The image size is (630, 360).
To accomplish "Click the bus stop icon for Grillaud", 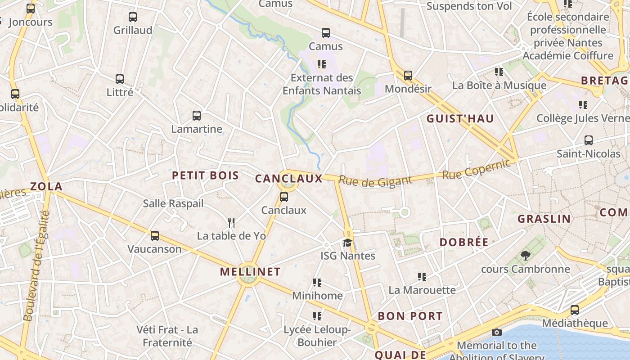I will point(132,17).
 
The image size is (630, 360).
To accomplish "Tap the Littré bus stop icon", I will point(119,79).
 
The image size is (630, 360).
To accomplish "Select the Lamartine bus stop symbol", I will point(197,116).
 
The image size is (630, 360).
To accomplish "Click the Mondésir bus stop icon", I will point(408,76).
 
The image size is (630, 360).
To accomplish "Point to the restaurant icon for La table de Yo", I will point(231,222).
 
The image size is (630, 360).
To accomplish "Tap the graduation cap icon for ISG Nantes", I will point(347,243).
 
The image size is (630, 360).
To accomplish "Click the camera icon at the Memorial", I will point(497,332).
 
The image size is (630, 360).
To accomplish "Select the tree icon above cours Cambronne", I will point(525,256).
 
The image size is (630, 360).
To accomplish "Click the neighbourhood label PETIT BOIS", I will point(206,175).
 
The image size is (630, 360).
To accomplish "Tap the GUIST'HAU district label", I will point(460,119).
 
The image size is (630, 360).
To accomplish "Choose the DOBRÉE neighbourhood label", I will point(464,242).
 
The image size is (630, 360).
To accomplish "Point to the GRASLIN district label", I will point(544,219).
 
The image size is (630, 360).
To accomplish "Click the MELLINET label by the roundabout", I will point(250,272).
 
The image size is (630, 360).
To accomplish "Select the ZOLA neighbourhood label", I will point(46,186).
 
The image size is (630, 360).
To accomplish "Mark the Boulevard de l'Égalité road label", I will point(36,266).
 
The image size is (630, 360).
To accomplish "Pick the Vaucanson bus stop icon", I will point(154,235).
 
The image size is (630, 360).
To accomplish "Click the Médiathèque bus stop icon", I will point(574,310).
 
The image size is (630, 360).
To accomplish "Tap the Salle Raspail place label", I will point(173,203).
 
